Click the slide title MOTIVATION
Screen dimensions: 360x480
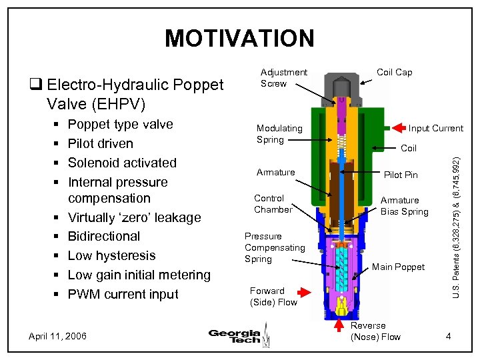tap(239, 39)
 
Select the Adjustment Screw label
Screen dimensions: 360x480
tap(283, 78)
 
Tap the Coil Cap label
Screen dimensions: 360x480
tap(395, 73)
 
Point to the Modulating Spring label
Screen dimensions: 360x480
tap(279, 133)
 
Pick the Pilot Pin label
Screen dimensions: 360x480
tap(401, 175)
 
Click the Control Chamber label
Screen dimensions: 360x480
tap(273, 204)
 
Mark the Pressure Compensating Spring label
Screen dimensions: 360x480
tap(275, 247)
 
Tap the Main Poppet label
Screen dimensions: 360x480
tap(398, 267)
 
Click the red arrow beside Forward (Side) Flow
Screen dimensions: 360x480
tap(304, 291)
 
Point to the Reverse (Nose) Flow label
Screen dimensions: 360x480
tap(375, 331)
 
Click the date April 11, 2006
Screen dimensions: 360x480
tap(57, 336)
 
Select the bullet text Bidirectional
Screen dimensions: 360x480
tap(104, 236)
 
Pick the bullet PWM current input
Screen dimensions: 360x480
tap(123, 294)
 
